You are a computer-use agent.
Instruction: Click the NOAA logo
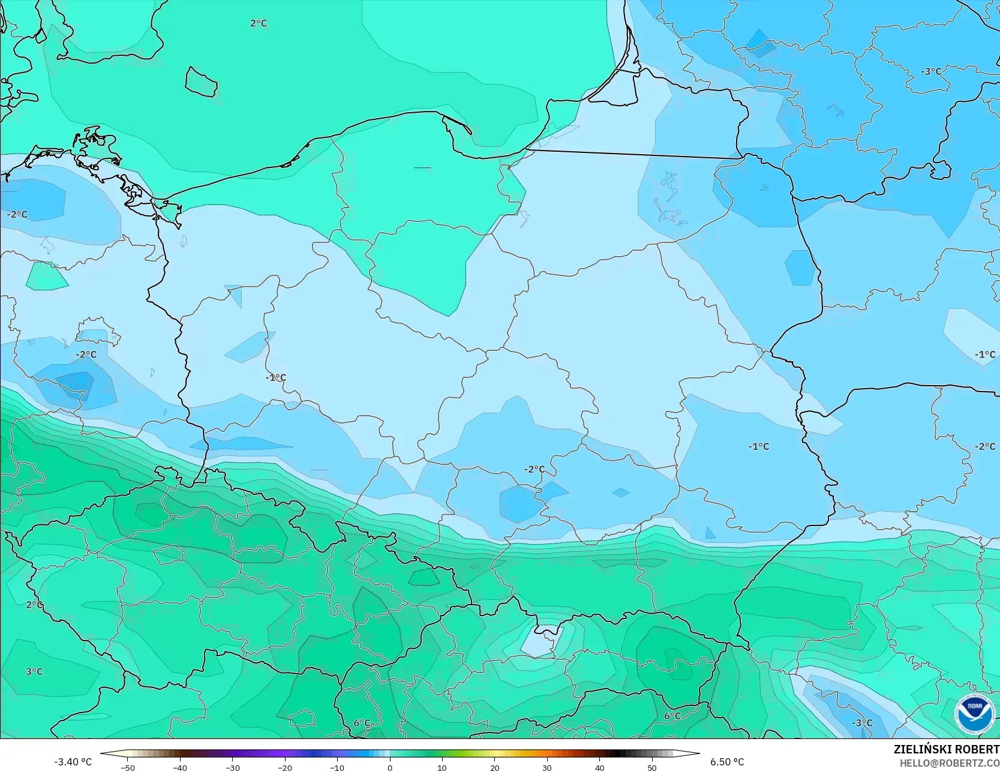click(975, 714)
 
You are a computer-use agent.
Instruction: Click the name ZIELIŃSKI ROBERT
click(946, 749)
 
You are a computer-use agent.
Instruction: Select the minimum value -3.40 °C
click(73, 762)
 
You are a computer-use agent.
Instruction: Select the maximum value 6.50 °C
click(727, 762)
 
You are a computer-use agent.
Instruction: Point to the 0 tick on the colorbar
click(390, 768)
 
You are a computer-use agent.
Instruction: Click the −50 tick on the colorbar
click(128, 768)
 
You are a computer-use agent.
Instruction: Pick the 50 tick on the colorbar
click(652, 768)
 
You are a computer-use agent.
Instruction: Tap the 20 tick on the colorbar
click(494, 768)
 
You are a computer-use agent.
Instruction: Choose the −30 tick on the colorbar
click(233, 768)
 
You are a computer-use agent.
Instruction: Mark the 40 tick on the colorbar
click(599, 768)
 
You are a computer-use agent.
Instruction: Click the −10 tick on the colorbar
click(337, 768)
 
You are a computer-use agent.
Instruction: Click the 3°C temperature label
click(34, 671)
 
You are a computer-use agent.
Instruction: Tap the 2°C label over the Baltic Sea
click(259, 23)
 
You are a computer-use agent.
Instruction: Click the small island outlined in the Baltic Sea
click(200, 82)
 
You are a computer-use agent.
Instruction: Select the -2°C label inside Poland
click(534, 469)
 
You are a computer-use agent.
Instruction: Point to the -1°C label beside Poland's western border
click(276, 377)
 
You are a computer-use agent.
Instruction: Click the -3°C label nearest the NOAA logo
click(863, 722)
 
